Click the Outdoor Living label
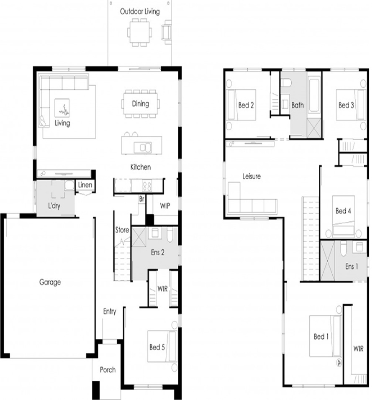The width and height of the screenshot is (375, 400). [x=140, y=11]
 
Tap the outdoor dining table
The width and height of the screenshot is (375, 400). [x=139, y=32]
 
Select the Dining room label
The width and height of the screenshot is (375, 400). [x=141, y=104]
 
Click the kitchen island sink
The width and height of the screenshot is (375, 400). [x=143, y=147]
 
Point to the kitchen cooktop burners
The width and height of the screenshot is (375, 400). [x=147, y=186]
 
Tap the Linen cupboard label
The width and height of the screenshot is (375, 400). [x=85, y=185]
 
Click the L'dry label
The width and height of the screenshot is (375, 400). [x=54, y=205]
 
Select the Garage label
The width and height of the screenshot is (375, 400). [x=50, y=282]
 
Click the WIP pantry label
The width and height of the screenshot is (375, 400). [x=165, y=205]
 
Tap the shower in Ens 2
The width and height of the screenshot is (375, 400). [x=139, y=237]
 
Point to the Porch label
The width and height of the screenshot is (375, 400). [x=108, y=369]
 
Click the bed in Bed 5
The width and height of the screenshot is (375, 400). [x=162, y=346]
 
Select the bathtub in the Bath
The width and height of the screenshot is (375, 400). [x=314, y=95]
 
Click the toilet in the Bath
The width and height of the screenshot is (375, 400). [x=286, y=82]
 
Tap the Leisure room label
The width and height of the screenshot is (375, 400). [x=252, y=176]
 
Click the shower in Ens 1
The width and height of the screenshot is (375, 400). [x=328, y=260]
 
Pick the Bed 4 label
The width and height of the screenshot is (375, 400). [x=343, y=211]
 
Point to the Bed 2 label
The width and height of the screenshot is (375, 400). [x=246, y=105]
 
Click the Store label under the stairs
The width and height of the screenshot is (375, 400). [x=122, y=230]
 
